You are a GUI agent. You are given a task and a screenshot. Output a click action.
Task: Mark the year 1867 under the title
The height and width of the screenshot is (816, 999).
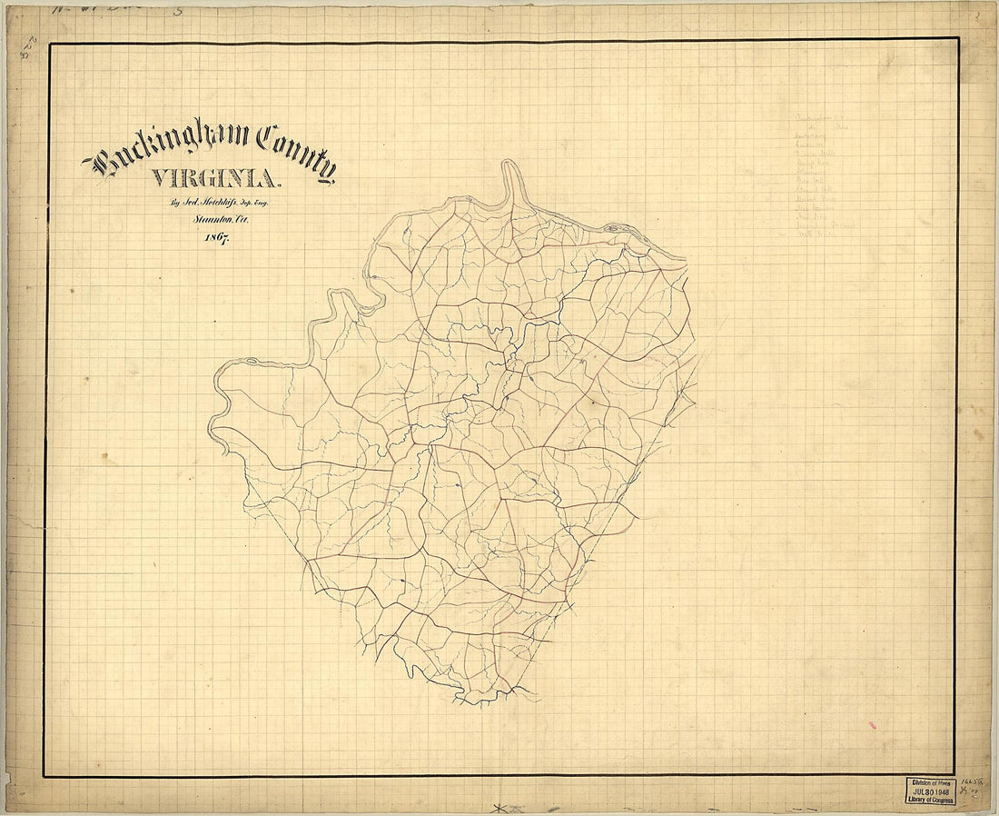(x=215, y=238)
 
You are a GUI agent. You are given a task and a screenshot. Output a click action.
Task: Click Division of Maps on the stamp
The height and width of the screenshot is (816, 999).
(x=928, y=781)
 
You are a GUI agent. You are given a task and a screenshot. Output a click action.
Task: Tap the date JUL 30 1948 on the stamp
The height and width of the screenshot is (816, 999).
(x=928, y=791)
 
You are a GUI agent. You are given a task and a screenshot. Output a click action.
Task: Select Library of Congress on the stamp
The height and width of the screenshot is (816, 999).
(x=928, y=801)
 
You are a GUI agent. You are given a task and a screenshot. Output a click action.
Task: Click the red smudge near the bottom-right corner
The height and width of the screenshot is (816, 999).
(x=873, y=725)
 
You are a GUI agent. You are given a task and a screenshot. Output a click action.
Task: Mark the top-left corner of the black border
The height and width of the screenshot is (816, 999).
(x=48, y=45)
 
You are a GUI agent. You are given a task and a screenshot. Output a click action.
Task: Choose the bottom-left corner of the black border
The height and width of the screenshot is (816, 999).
(x=45, y=776)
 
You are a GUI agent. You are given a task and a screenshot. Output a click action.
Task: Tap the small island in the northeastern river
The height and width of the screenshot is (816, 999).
(x=613, y=227)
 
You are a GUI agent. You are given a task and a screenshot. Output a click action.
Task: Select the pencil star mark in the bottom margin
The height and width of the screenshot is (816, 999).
(x=497, y=807)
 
